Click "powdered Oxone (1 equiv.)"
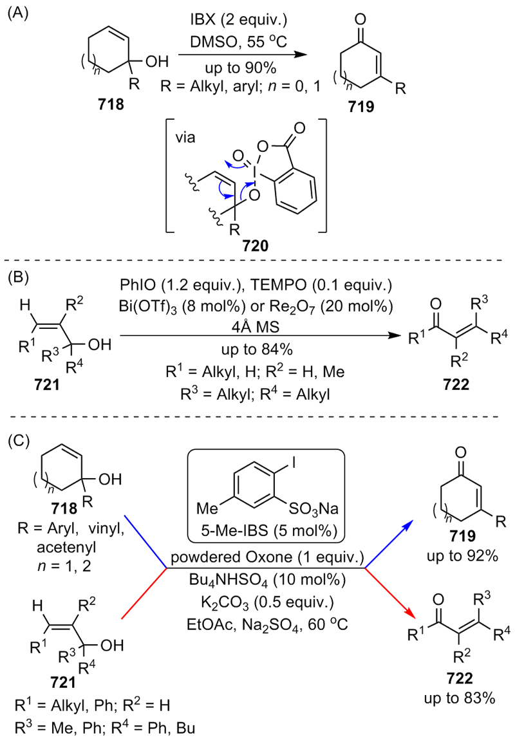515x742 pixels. [267, 557]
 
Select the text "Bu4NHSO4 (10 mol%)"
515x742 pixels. [267, 580]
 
